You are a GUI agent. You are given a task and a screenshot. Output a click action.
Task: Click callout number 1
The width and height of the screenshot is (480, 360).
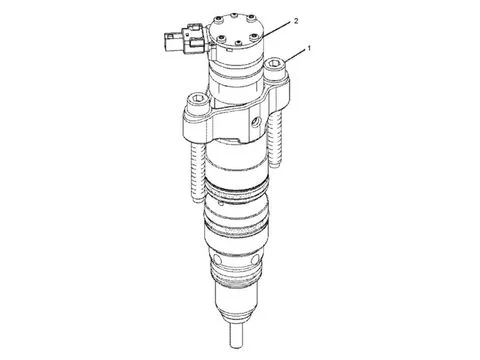[309, 48]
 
